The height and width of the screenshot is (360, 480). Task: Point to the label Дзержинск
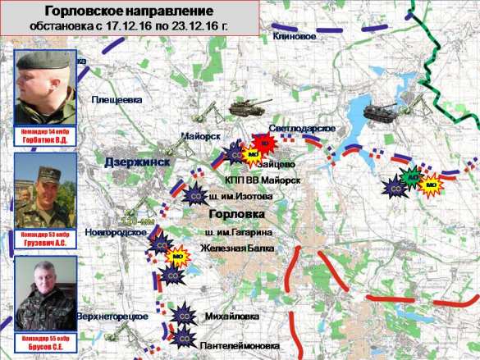(137, 162)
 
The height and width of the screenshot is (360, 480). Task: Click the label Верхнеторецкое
(112, 317)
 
